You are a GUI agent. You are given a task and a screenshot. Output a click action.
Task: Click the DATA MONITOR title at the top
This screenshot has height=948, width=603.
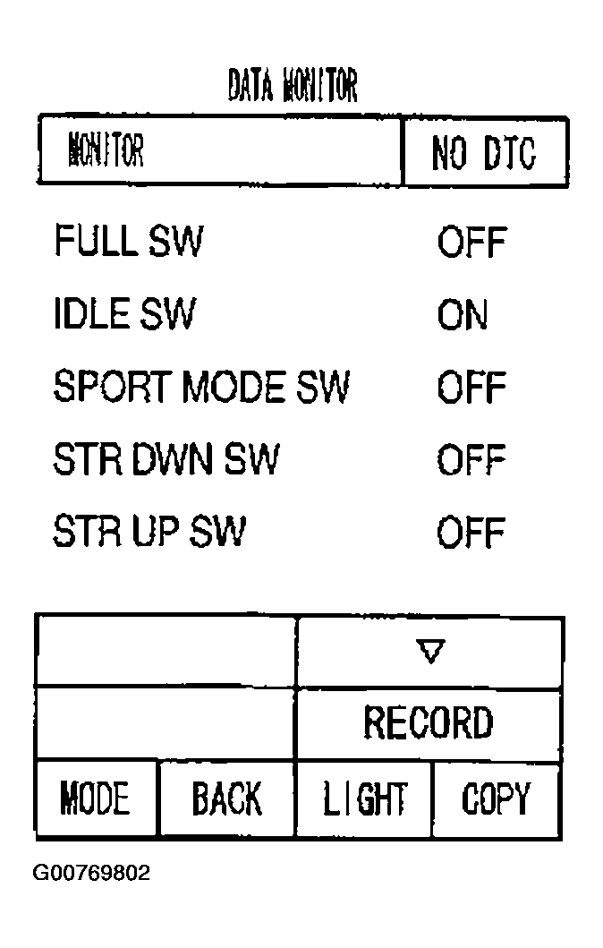[x=293, y=85]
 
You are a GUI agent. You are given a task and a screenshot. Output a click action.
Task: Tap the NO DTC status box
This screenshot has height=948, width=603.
[x=485, y=151]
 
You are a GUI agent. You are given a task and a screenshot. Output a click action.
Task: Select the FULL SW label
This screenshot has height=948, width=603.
[x=129, y=241]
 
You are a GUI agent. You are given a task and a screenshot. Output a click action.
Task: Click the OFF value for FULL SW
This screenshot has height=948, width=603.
[x=471, y=243]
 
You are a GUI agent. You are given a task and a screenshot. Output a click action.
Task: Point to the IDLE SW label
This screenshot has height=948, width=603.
[x=124, y=313]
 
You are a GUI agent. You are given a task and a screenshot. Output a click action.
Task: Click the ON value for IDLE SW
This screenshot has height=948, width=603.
[x=463, y=315]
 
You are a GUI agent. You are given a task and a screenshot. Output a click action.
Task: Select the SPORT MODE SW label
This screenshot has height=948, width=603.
[x=201, y=387]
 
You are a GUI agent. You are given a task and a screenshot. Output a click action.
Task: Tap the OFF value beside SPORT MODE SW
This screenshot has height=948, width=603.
[x=471, y=388]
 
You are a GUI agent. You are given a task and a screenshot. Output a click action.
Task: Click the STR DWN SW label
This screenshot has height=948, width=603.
[x=166, y=459]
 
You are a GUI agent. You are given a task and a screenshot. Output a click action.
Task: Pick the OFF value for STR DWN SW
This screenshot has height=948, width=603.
[x=471, y=460]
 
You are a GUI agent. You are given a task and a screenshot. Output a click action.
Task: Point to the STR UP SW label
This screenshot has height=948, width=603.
[x=149, y=531]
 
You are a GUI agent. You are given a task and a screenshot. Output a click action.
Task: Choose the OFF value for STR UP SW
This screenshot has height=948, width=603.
[x=471, y=533]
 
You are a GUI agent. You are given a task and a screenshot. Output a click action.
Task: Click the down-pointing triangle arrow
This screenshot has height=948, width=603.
[x=430, y=651]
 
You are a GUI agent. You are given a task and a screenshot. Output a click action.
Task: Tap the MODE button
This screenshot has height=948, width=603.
[x=96, y=799]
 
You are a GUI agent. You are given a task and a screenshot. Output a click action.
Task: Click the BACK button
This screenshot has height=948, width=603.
[x=226, y=799]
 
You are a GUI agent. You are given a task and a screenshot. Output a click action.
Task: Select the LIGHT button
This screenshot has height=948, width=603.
[x=365, y=799]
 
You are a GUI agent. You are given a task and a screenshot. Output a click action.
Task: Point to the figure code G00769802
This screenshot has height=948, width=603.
[x=91, y=873]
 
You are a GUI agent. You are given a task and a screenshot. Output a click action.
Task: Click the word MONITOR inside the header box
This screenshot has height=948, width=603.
[x=106, y=150]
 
